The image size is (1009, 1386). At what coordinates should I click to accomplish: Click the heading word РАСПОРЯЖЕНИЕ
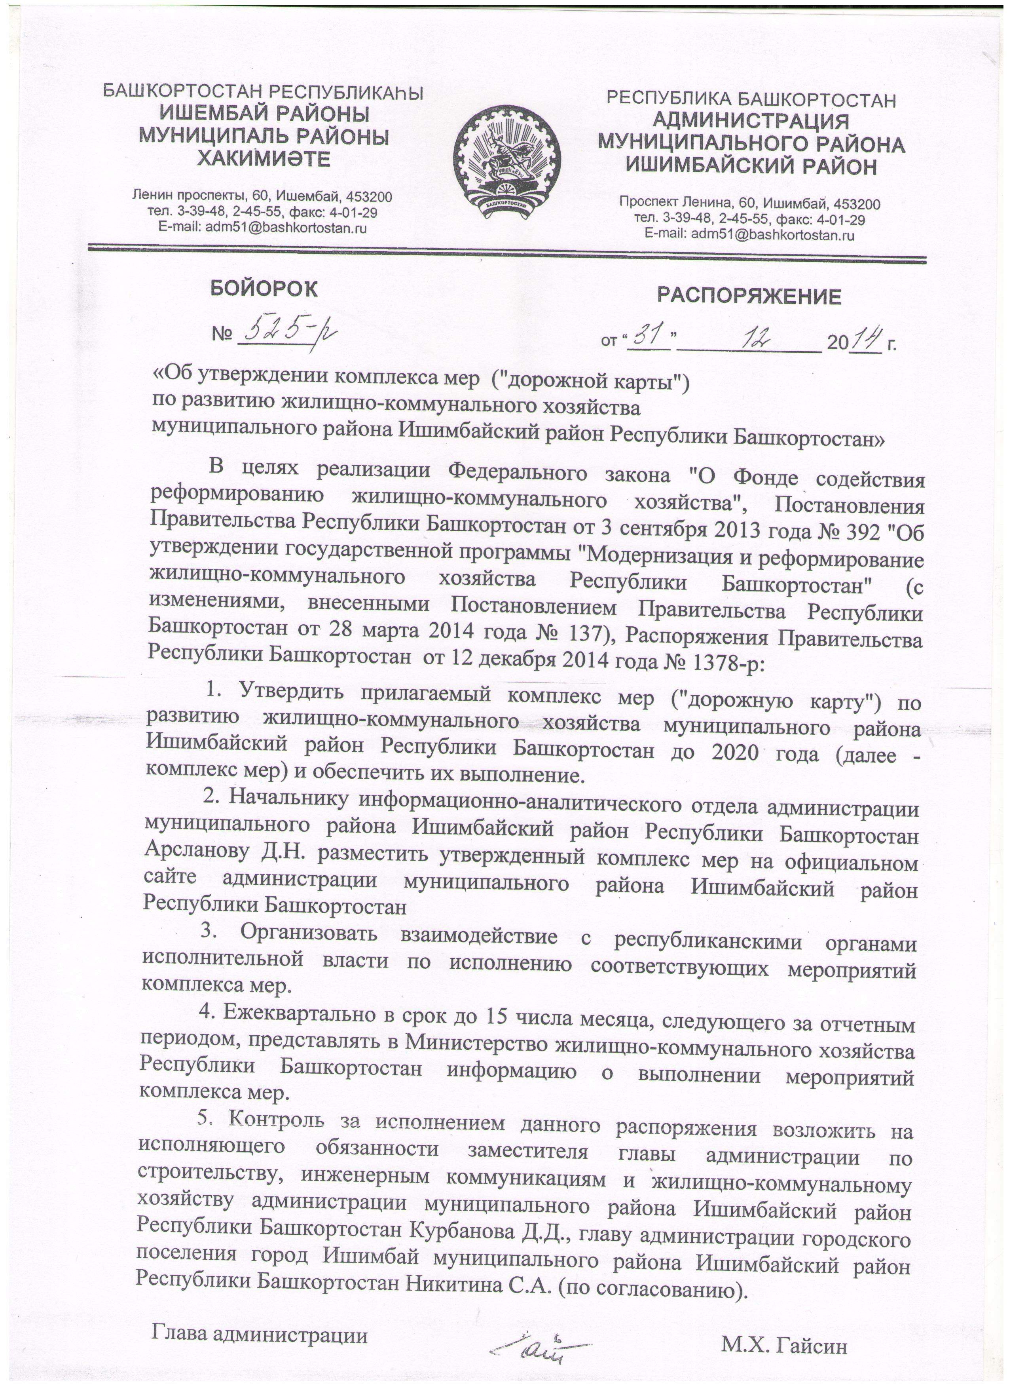[x=749, y=297]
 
